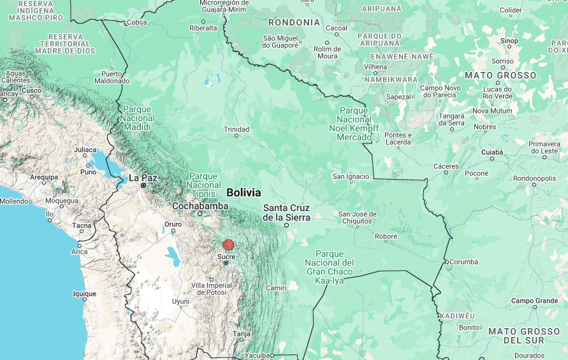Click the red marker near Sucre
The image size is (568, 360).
(x=228, y=245)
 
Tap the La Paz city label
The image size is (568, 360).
(x=143, y=178)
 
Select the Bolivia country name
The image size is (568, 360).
(x=244, y=192)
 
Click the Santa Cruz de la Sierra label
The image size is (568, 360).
(x=286, y=212)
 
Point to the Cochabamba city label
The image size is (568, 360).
(x=200, y=206)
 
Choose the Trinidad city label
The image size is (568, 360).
(x=237, y=129)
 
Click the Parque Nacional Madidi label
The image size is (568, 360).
(x=138, y=118)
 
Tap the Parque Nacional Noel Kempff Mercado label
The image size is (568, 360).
(x=354, y=124)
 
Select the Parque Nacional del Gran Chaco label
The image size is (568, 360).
(x=329, y=267)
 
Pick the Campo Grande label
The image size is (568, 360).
(x=534, y=301)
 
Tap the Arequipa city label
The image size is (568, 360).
(x=43, y=177)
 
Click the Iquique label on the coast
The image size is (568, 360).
(x=84, y=294)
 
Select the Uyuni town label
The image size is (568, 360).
(x=180, y=301)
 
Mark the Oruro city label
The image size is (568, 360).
(x=173, y=224)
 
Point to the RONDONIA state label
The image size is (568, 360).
(x=295, y=22)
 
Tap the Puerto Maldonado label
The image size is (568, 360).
(x=112, y=77)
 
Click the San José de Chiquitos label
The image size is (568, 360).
(x=357, y=217)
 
